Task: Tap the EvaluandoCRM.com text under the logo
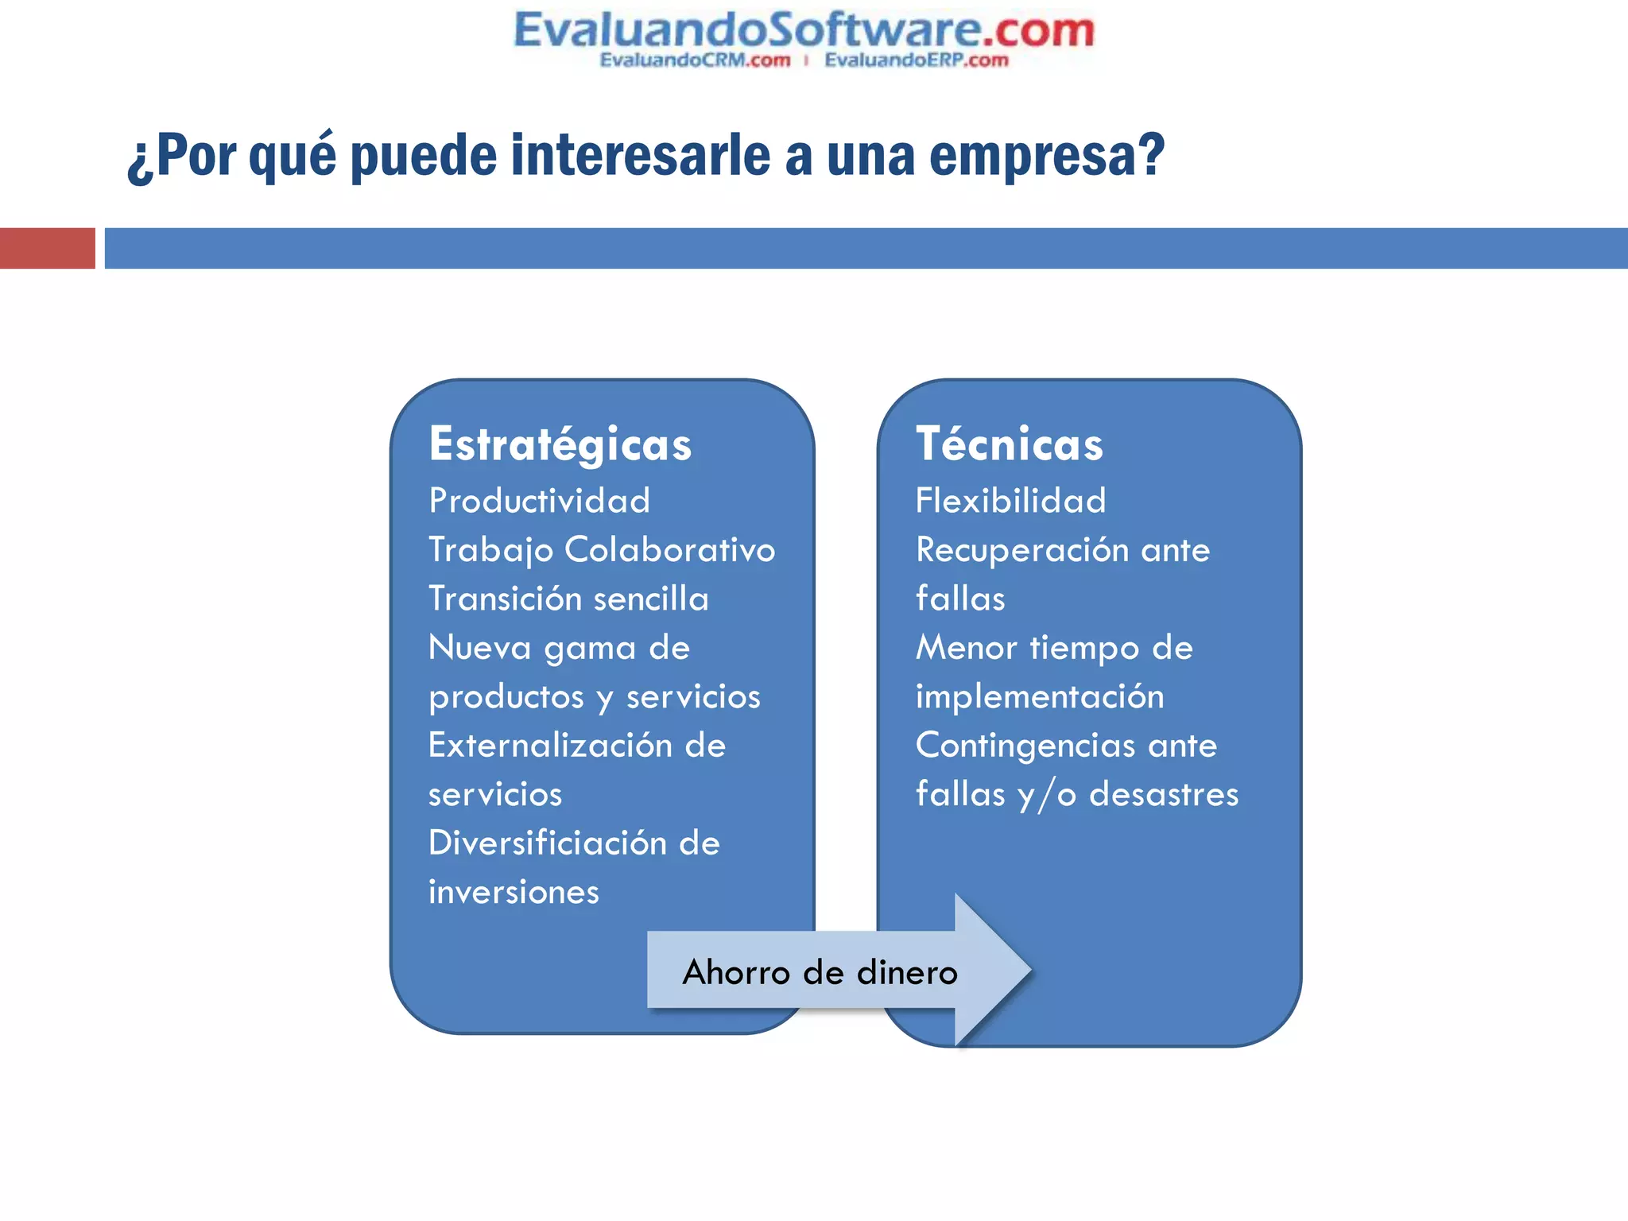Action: tap(695, 60)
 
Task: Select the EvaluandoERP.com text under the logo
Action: tap(916, 60)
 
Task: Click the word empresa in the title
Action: tap(1046, 156)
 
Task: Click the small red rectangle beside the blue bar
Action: tap(47, 248)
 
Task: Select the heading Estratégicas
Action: tap(560, 444)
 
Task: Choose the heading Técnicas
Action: tap(1010, 444)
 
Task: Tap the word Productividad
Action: tap(540, 501)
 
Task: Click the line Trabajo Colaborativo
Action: tap(602, 550)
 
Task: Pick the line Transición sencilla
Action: tap(568, 599)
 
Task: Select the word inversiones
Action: tap(514, 892)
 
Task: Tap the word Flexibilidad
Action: tap(1010, 501)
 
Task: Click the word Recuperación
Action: tap(1022, 550)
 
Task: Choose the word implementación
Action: tap(1040, 697)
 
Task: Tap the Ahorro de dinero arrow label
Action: tap(820, 972)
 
